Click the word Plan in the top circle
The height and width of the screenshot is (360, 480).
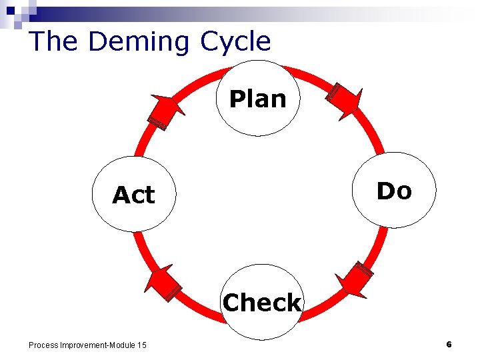click(258, 99)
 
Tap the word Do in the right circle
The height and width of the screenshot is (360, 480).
click(394, 191)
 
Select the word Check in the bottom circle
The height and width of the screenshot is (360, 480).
click(262, 303)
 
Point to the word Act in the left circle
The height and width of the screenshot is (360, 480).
click(133, 195)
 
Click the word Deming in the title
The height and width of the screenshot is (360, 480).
click(140, 41)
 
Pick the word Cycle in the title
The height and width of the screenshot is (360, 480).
click(235, 42)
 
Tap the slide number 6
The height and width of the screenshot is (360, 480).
click(449, 344)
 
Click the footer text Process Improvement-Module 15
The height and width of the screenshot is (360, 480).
click(87, 345)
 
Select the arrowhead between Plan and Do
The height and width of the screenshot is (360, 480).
click(345, 100)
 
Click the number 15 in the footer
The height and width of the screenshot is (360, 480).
click(141, 345)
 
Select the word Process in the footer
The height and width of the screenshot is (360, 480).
click(43, 345)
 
